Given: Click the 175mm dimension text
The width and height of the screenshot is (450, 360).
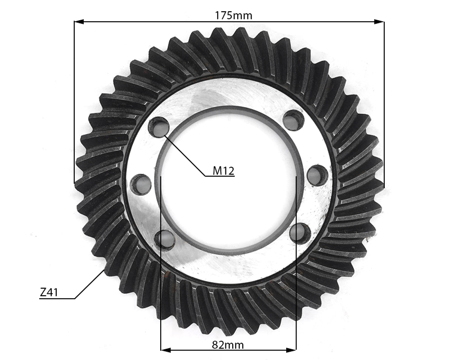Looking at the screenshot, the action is [x=233, y=15].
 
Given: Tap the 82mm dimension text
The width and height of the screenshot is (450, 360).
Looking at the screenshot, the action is [x=228, y=345].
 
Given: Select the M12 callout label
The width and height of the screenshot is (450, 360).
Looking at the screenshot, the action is [x=224, y=171].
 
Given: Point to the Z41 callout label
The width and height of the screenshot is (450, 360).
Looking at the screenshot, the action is [x=49, y=292].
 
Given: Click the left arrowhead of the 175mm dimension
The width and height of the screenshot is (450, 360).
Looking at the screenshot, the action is [x=79, y=22].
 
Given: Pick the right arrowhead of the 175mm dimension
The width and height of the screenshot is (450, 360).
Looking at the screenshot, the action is [x=379, y=22].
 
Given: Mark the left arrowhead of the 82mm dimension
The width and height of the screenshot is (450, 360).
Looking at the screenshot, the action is [x=166, y=350].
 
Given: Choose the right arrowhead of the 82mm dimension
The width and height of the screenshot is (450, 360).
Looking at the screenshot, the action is [x=291, y=350].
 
